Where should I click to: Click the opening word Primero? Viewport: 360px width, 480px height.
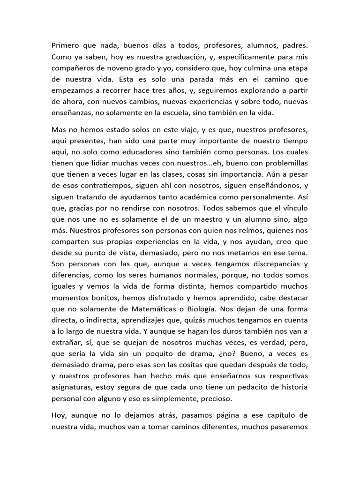[66, 46]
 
